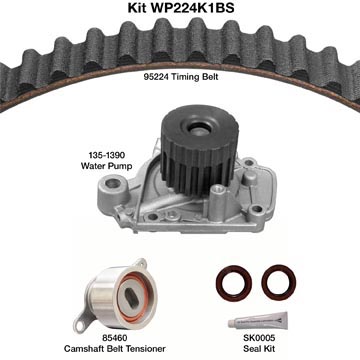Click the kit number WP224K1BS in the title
193,8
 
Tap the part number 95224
156,77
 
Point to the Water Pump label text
107,166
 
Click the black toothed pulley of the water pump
197,149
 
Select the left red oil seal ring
234,283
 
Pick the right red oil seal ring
279,282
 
